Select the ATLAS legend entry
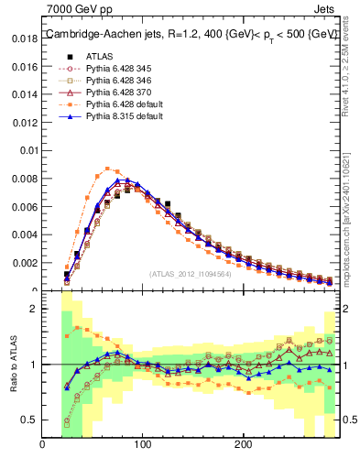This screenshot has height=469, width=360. pos(102,55)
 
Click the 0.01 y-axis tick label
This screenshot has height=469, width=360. pos(28,151)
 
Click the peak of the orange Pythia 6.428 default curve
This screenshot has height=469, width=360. pos(108,169)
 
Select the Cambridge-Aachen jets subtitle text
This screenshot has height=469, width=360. pos(191,34)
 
